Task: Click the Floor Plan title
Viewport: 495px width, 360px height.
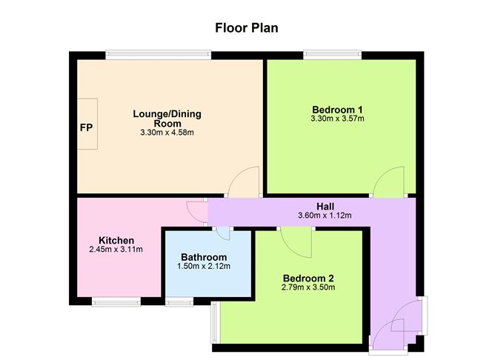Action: (x=247, y=29)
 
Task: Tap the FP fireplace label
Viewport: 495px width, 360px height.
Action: (x=87, y=127)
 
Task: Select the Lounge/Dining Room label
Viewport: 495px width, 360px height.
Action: (x=167, y=119)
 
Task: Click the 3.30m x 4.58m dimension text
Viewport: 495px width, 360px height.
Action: (x=167, y=133)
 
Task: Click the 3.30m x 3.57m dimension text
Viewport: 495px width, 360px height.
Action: (x=338, y=119)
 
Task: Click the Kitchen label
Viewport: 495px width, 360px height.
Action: (x=116, y=241)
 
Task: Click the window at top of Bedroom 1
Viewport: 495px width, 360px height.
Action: (x=332, y=54)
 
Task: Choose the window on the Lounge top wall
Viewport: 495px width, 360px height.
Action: (x=158, y=54)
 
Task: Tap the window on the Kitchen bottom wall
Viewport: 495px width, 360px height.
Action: (x=116, y=301)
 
